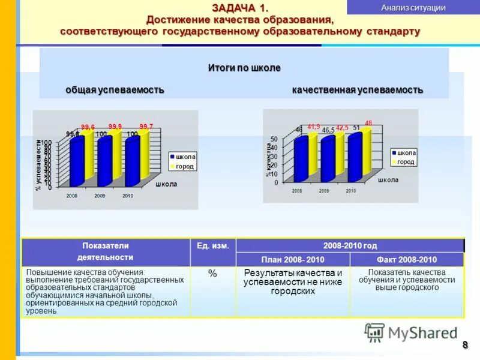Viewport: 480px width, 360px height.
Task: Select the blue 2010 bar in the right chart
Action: tap(355, 157)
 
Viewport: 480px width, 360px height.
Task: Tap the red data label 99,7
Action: tap(146, 126)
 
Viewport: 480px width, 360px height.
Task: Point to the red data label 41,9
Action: tap(314, 127)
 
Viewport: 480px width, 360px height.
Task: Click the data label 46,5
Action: tap(328, 130)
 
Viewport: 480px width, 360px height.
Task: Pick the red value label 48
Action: tap(368, 122)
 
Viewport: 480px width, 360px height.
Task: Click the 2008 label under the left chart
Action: tap(72, 196)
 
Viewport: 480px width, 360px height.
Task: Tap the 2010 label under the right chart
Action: tap(351, 191)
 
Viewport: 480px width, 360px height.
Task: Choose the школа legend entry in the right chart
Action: tap(406, 153)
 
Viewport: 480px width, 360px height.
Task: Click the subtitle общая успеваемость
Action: tap(115, 89)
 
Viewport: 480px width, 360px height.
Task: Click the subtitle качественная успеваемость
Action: tap(358, 89)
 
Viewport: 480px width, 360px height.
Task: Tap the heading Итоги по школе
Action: tap(244, 68)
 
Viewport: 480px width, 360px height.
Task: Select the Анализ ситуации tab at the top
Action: tap(413, 8)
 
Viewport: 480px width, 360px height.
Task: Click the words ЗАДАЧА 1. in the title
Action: tap(240, 7)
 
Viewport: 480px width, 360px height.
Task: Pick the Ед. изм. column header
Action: tap(213, 245)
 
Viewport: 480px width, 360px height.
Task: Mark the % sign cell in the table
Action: tap(212, 274)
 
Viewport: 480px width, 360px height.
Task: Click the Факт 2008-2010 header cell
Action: tap(406, 260)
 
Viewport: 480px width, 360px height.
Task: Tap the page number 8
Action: tap(464, 344)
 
